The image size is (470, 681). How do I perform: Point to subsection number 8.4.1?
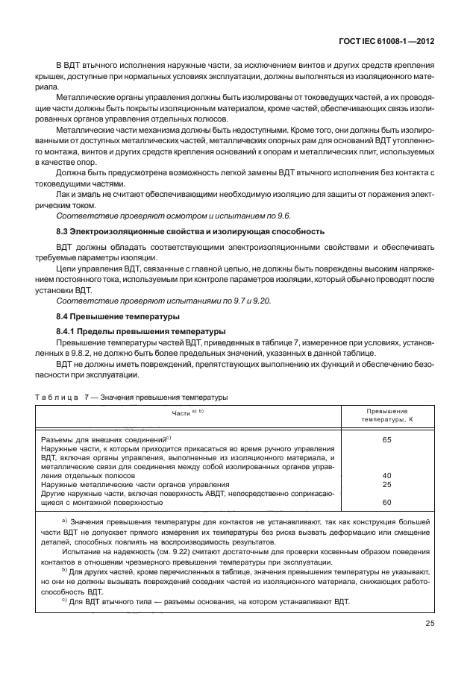pos(71,330)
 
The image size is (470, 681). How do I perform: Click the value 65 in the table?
pos(386,440)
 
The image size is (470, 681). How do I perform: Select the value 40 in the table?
pos(386,475)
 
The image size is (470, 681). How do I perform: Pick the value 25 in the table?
pos(386,484)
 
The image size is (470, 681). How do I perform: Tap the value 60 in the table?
pos(386,502)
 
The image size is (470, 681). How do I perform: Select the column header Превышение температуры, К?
pos(386,416)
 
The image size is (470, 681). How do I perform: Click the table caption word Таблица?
pos(56,397)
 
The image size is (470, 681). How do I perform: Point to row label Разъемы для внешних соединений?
pos(104,440)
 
